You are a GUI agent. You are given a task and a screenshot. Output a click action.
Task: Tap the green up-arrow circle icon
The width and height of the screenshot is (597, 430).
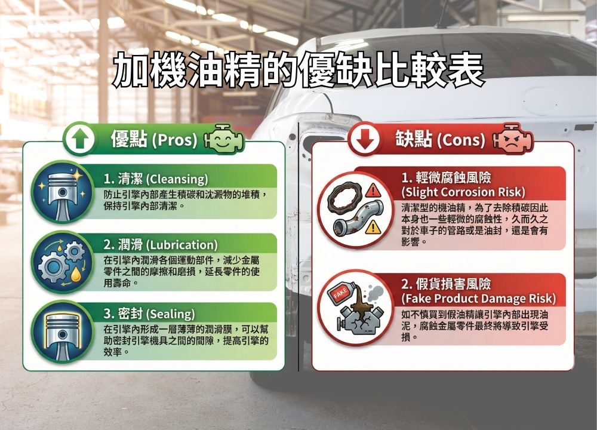click(81, 139)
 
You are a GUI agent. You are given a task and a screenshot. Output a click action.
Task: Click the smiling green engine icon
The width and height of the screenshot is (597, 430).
click(223, 140)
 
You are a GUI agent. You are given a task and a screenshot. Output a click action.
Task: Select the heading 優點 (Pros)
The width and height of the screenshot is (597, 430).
click(153, 140)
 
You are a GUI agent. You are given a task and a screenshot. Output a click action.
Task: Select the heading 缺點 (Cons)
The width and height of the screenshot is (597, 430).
click(439, 139)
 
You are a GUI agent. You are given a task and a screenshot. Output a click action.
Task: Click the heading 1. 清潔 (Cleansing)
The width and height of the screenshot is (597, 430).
click(156, 179)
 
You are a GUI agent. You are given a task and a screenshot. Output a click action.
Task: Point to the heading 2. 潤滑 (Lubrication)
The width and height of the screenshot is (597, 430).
click(160, 245)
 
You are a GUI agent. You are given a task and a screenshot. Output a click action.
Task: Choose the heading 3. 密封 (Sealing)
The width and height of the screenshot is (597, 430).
click(149, 314)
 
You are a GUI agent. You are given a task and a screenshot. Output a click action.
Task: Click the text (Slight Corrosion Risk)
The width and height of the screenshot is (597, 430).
click(463, 192)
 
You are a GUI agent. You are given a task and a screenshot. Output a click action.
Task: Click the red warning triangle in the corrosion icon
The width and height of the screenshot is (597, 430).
click(374, 191)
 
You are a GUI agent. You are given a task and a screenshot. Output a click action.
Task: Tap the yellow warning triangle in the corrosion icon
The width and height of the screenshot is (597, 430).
click(374, 226)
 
